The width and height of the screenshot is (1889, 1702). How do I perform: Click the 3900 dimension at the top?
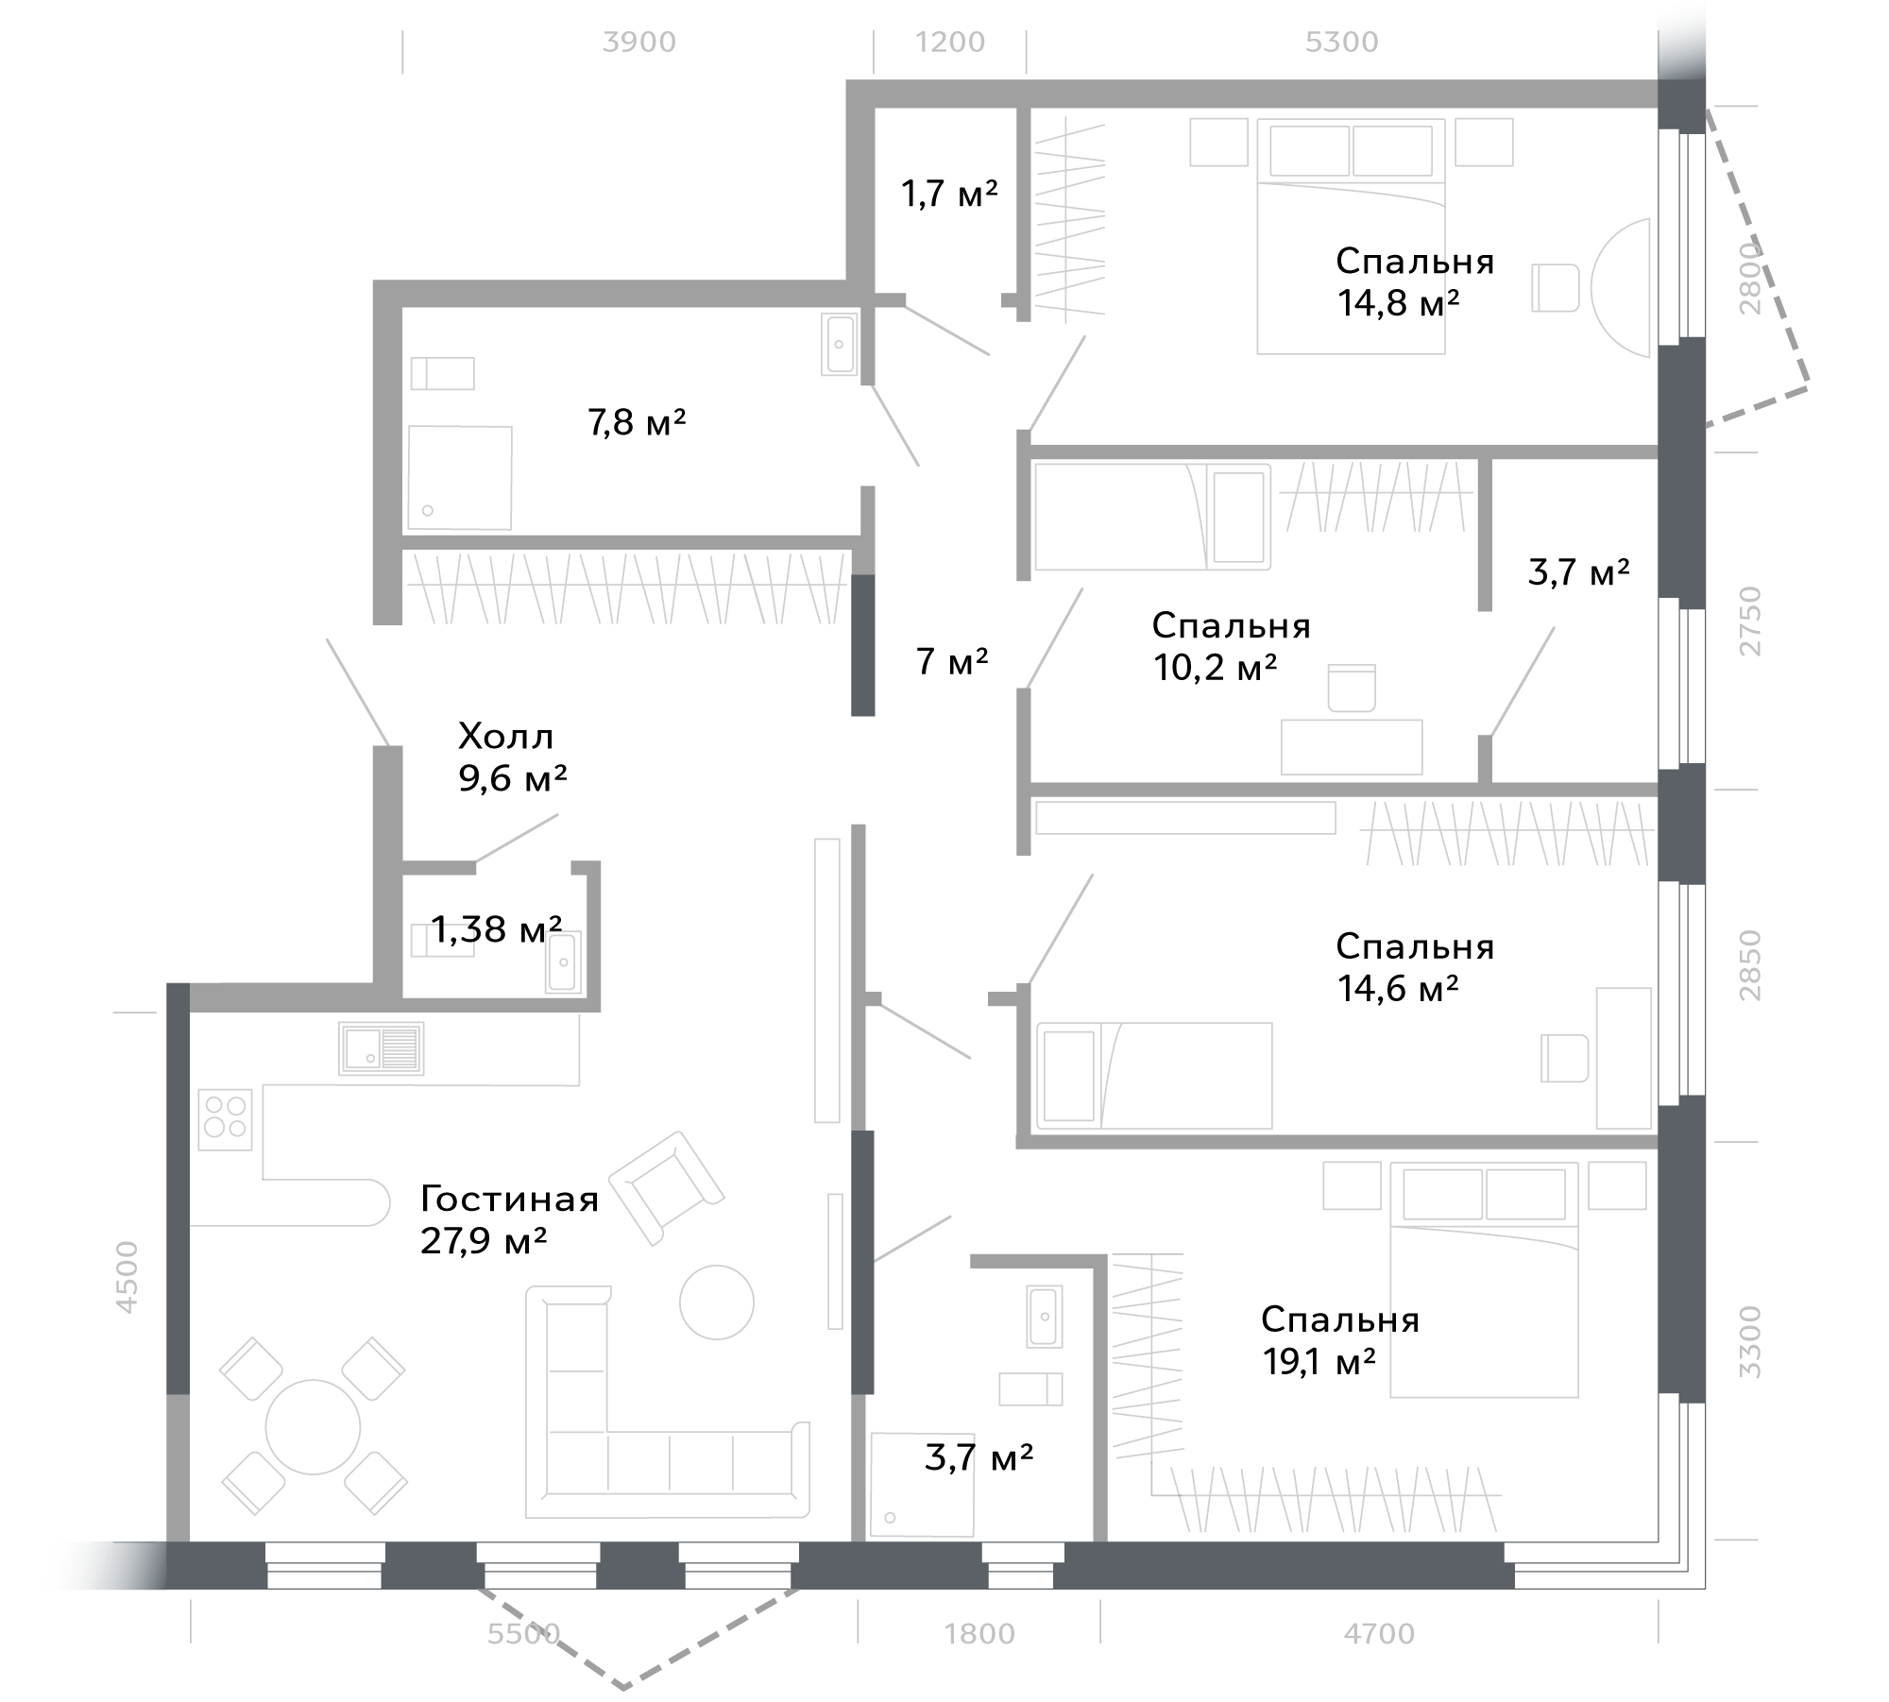pos(639,43)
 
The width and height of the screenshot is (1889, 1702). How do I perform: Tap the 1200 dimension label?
pos(950,43)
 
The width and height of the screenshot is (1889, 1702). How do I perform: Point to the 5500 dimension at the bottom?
pos(524,1633)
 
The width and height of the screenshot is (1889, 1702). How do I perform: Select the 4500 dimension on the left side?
pos(127,1277)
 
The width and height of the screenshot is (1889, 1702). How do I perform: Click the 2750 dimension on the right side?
pos(1750,621)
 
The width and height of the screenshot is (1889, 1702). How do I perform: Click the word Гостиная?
pos(510,1200)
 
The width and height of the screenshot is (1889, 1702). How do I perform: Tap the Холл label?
pos(506,736)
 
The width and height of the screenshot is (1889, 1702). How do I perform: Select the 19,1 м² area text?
pos(1319,1361)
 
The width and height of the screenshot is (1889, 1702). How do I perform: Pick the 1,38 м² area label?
pos(497,929)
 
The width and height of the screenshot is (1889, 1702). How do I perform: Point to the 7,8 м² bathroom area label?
pos(637,422)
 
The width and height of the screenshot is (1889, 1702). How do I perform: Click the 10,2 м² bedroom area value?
pos(1215,668)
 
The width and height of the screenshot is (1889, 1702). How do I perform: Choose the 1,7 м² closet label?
pos(949,194)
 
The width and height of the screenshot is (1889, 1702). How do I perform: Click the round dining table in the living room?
pos(313,1427)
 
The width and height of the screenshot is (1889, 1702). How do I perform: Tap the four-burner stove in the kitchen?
pos(225,1119)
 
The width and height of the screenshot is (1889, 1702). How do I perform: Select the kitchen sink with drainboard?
pos(382,1048)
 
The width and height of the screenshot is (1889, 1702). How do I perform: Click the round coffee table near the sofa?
pos(717,1302)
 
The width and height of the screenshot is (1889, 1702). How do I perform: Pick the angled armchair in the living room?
pos(667,1187)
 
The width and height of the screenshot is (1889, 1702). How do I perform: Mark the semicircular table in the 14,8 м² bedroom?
pos(1621,287)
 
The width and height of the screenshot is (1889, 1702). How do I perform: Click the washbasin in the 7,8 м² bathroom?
pos(840,344)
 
